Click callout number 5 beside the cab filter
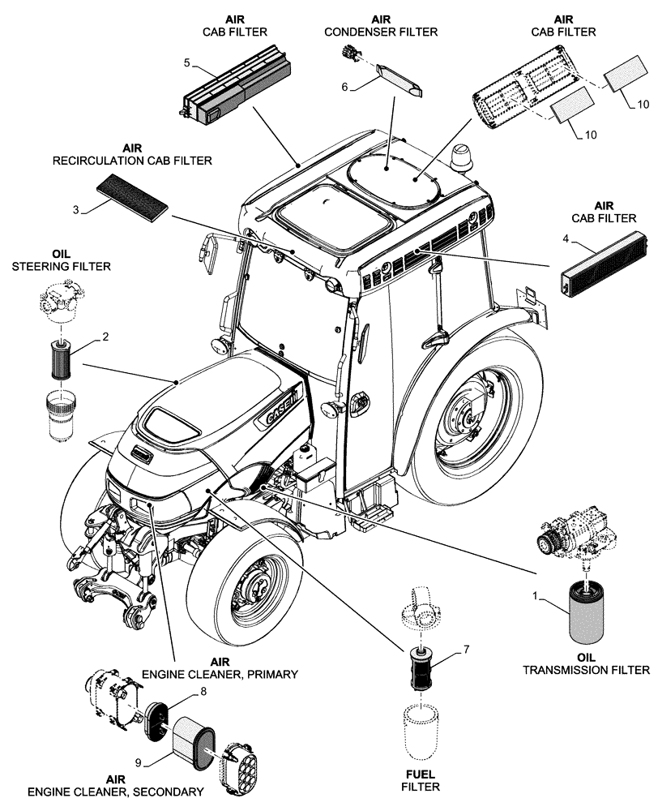[187, 62]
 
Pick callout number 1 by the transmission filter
[534, 597]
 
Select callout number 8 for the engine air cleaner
[203, 691]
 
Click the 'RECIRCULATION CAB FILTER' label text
[133, 161]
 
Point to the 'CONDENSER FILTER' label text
[381, 32]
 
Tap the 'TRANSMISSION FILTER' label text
[586, 670]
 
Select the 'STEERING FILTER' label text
[61, 266]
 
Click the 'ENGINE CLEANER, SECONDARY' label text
[115, 792]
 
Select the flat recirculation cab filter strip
[133, 197]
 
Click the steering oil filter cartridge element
[61, 358]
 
